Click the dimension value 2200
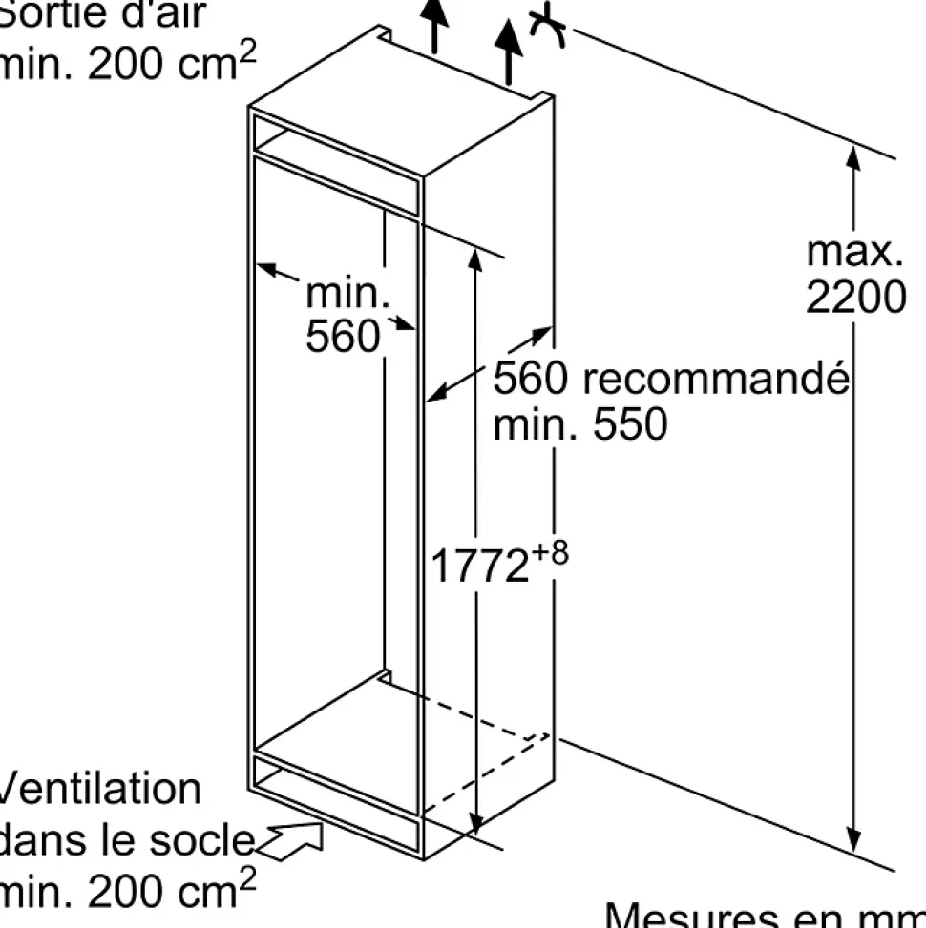tap(854, 298)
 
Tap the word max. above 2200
tap(854, 251)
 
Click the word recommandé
tap(715, 379)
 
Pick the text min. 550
tap(580, 424)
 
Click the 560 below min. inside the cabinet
tap(343, 336)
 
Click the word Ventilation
tap(100, 790)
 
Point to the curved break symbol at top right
tap(549, 27)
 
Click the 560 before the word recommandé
tap(532, 379)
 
